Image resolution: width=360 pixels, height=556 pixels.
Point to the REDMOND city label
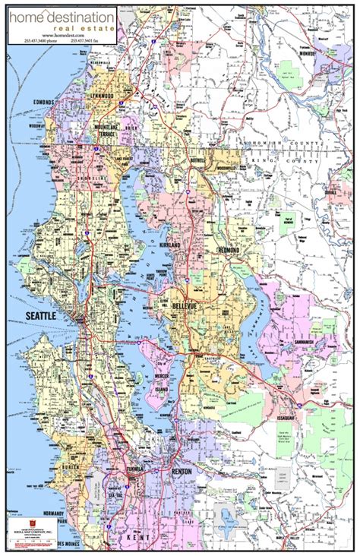(x=227, y=250)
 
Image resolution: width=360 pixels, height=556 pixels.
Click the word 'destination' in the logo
(x=84, y=16)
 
